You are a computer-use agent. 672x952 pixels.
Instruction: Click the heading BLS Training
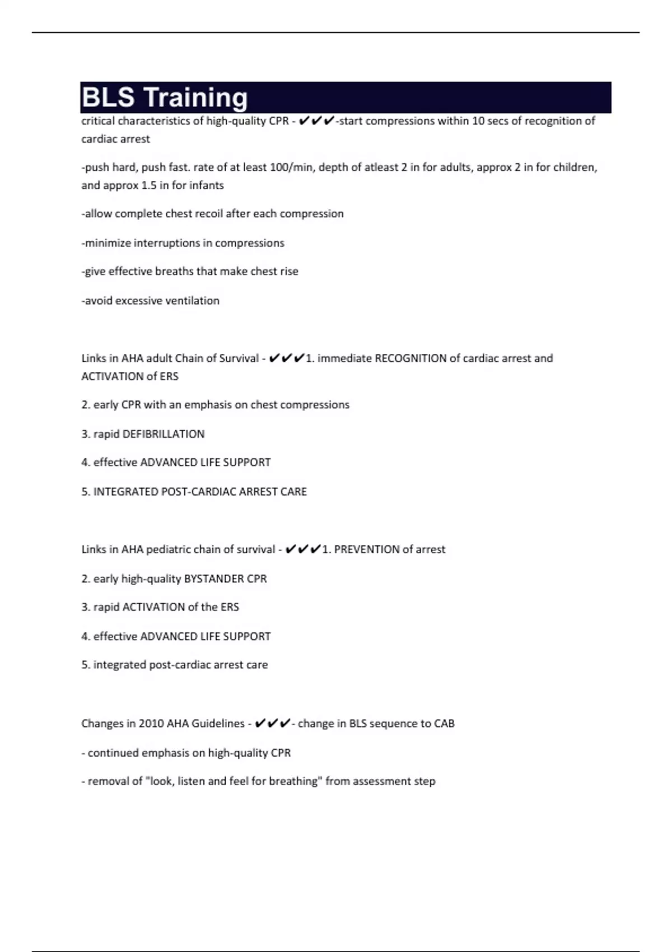(165, 97)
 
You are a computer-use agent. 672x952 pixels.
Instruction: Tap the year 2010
(151, 724)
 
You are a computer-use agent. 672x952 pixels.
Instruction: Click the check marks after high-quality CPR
(316, 121)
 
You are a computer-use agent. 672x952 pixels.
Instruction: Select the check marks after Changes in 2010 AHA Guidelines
(272, 724)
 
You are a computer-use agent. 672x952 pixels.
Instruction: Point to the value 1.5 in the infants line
(149, 185)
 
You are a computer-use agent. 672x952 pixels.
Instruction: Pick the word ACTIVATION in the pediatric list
(153, 607)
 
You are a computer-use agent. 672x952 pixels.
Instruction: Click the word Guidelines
(218, 724)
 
